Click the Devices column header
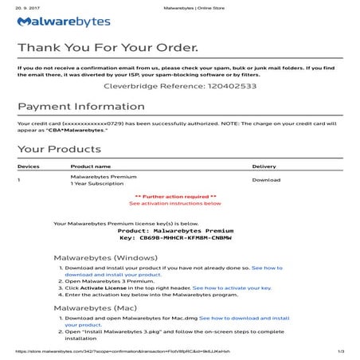click(x=29, y=166)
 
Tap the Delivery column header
click(x=264, y=166)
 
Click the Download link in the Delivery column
click(x=266, y=180)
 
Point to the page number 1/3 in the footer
click(x=340, y=351)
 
